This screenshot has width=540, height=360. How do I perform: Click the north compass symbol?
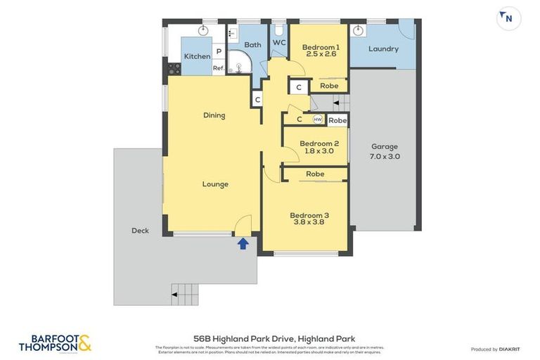click(x=508, y=18)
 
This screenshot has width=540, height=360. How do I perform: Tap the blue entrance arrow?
click(x=243, y=243)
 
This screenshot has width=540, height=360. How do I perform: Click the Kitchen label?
click(x=197, y=56)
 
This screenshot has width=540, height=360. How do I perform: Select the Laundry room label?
click(x=383, y=49)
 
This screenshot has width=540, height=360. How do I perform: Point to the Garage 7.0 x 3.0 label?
click(x=385, y=151)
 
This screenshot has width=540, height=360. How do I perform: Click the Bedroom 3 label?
click(x=309, y=219)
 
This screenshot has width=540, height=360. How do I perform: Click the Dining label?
click(x=214, y=115)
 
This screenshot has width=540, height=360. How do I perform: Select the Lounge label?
click(x=215, y=184)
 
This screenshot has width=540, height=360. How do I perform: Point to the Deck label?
click(x=140, y=231)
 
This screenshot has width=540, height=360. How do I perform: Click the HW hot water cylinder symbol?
click(x=318, y=120)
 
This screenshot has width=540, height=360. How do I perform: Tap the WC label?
click(x=279, y=43)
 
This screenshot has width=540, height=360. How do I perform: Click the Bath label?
click(x=252, y=45)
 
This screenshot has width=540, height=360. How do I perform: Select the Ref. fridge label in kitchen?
click(x=219, y=68)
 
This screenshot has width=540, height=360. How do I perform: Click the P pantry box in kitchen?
click(x=219, y=52)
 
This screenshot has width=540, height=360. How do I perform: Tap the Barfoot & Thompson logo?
click(x=55, y=343)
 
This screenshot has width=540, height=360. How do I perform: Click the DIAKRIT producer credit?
click(x=510, y=349)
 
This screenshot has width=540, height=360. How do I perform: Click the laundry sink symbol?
click(x=358, y=30)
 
